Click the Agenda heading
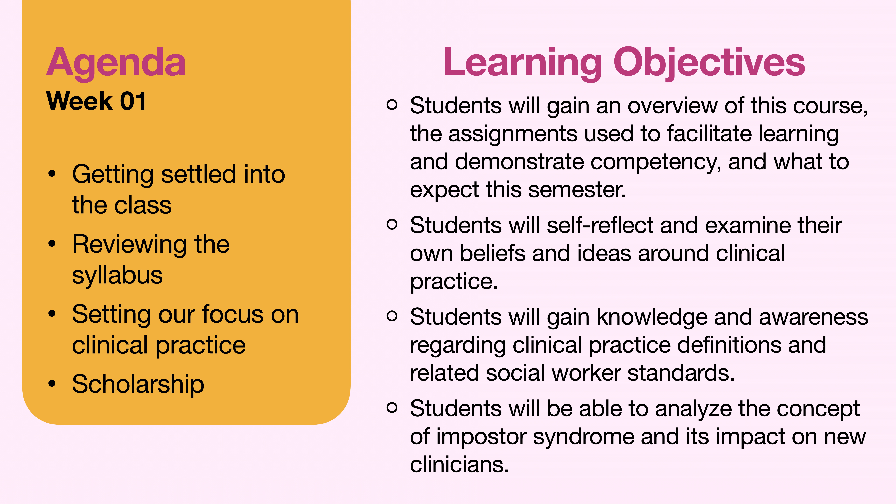point(116,63)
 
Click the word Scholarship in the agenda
point(138,384)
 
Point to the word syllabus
point(117,276)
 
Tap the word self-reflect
point(600,225)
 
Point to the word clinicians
point(459,465)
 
